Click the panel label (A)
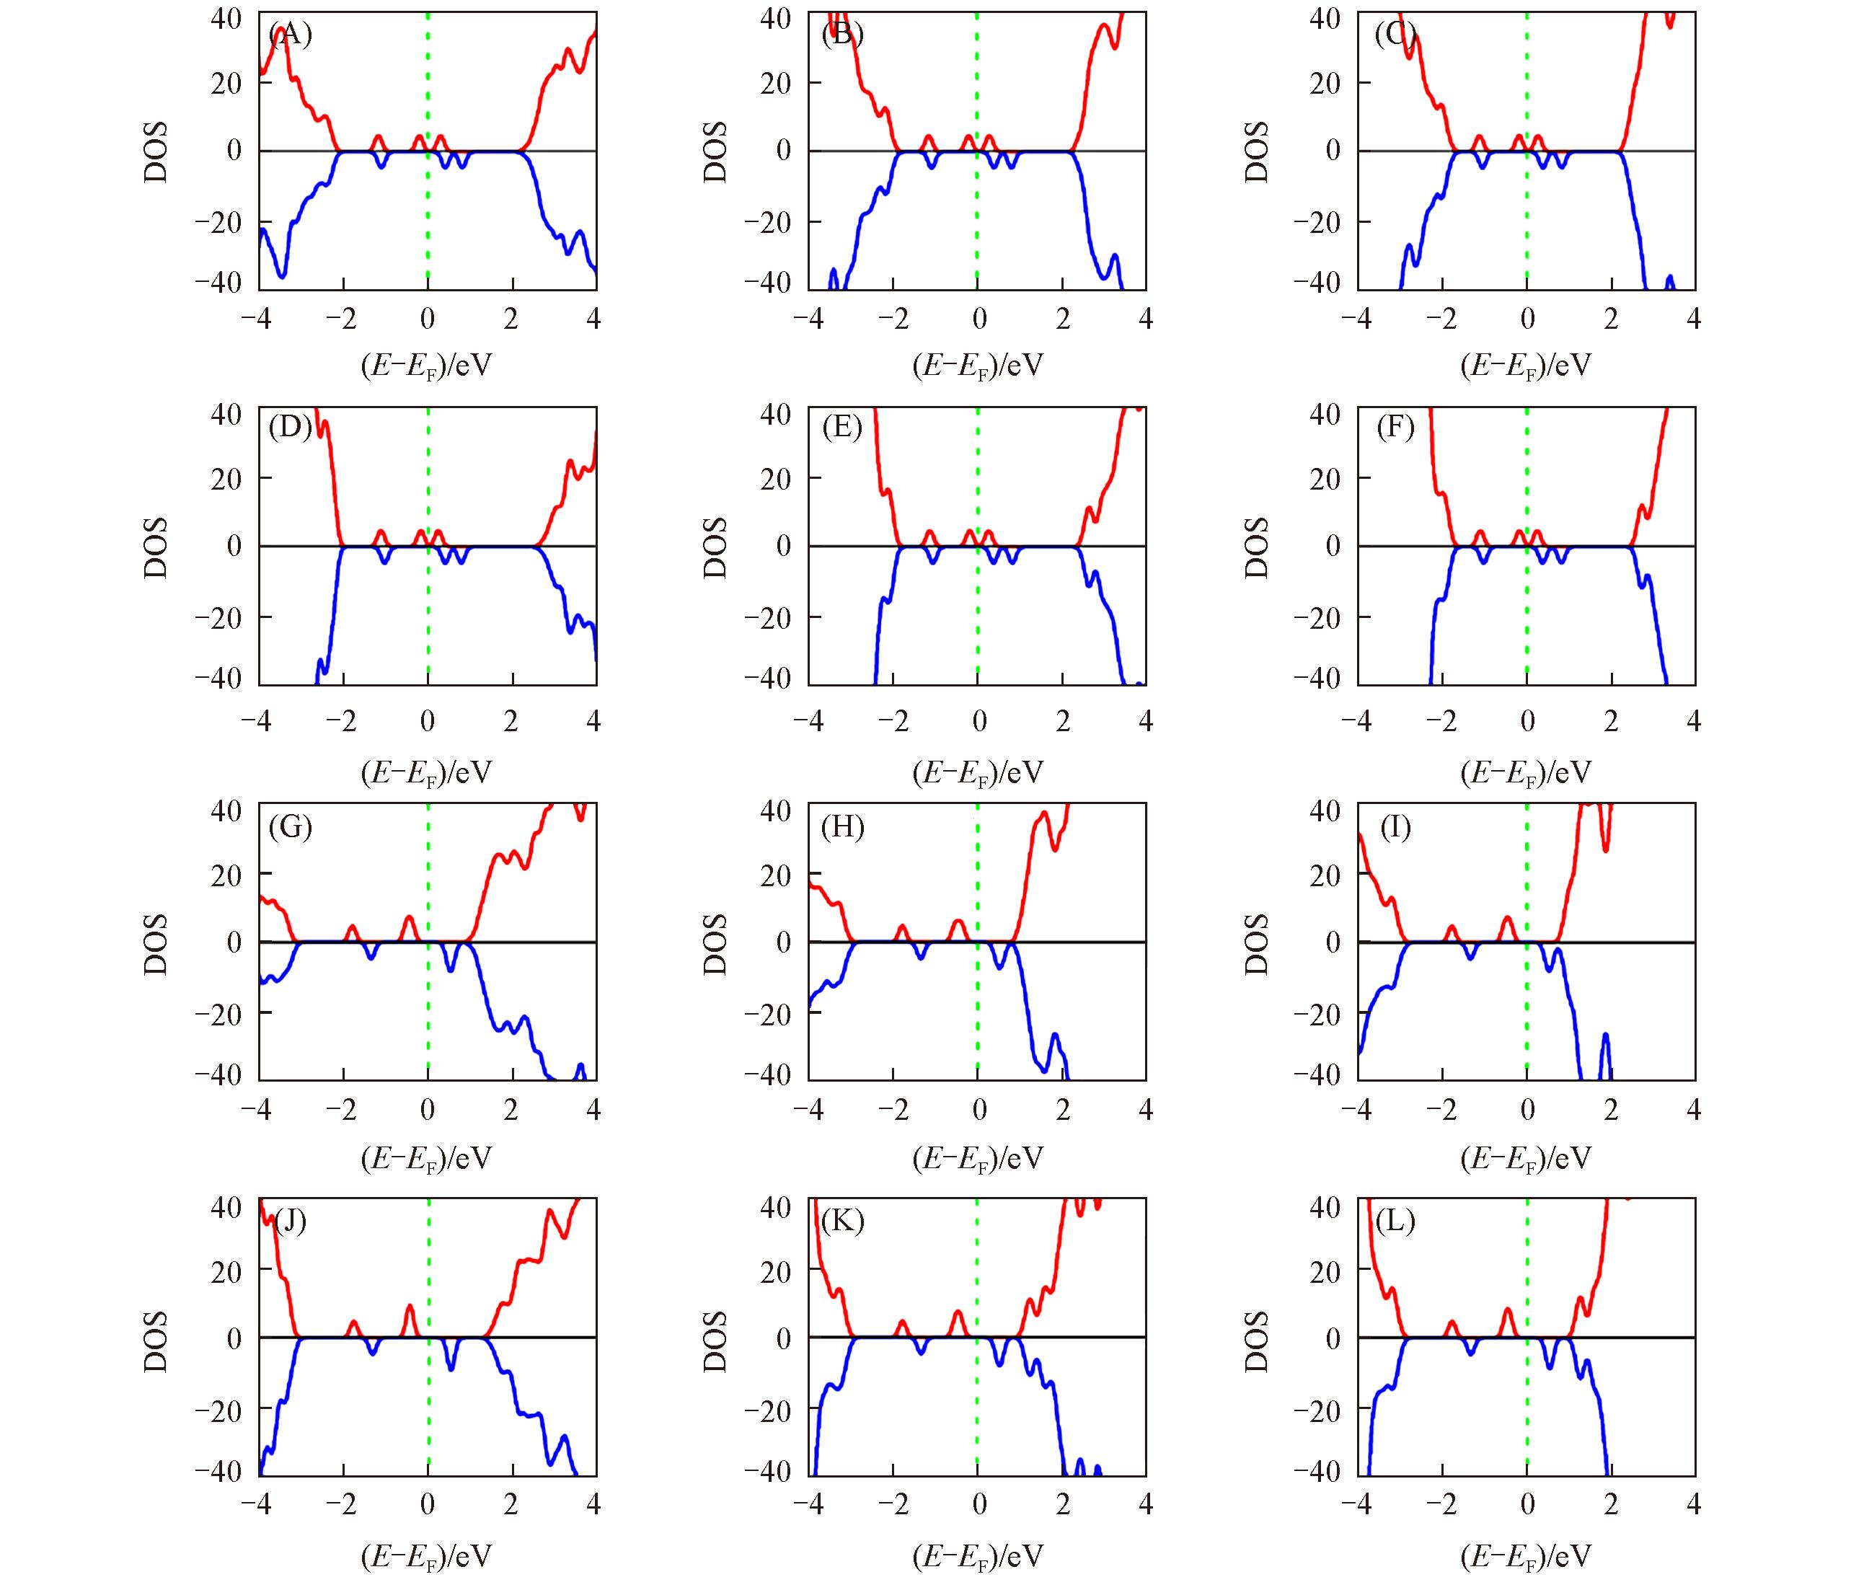point(291,35)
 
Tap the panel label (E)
point(842,427)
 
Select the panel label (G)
point(291,826)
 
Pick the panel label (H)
point(842,826)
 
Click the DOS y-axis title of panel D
point(156,547)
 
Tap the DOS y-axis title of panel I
point(1256,943)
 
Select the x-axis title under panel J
point(426,1555)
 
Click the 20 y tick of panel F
point(1327,478)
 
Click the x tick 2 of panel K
point(1062,1504)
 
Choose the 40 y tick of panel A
point(226,18)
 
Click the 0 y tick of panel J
point(234,1338)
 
